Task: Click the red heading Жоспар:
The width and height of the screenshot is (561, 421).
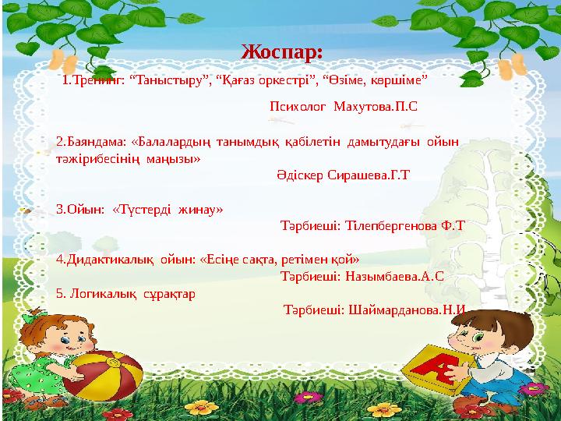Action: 282,52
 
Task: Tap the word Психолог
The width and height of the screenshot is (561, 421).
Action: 297,105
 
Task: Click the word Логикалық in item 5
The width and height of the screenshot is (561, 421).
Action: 108,293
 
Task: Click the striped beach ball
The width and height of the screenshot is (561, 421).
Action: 103,375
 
